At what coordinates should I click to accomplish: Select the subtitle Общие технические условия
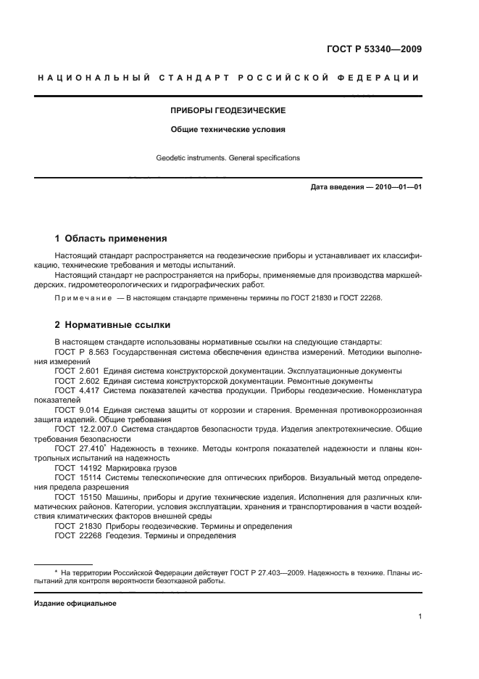point(228,131)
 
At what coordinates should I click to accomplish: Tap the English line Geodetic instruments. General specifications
point(228,157)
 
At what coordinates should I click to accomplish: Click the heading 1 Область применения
point(112,238)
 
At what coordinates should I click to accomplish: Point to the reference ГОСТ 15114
point(77,477)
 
